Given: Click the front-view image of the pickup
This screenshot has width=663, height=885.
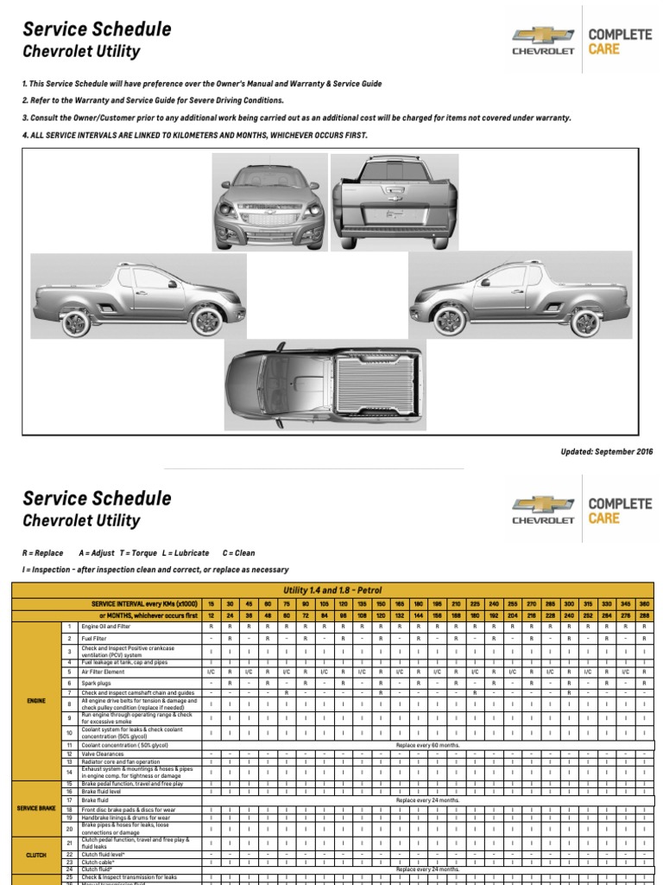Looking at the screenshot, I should (270, 201).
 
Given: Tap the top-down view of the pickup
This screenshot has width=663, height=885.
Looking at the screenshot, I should (325, 385).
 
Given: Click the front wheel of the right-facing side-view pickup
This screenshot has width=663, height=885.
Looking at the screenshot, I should (206, 321).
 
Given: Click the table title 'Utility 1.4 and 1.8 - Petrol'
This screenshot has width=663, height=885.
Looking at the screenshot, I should (332, 589).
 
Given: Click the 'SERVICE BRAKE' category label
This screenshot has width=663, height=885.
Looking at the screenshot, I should (35, 807).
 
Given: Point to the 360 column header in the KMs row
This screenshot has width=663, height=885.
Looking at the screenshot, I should (645, 602).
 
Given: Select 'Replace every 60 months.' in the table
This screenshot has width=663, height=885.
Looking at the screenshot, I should (427, 744).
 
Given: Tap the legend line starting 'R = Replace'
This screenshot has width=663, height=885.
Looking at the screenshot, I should (138, 553).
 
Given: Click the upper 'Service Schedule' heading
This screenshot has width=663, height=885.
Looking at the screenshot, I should (97, 29).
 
